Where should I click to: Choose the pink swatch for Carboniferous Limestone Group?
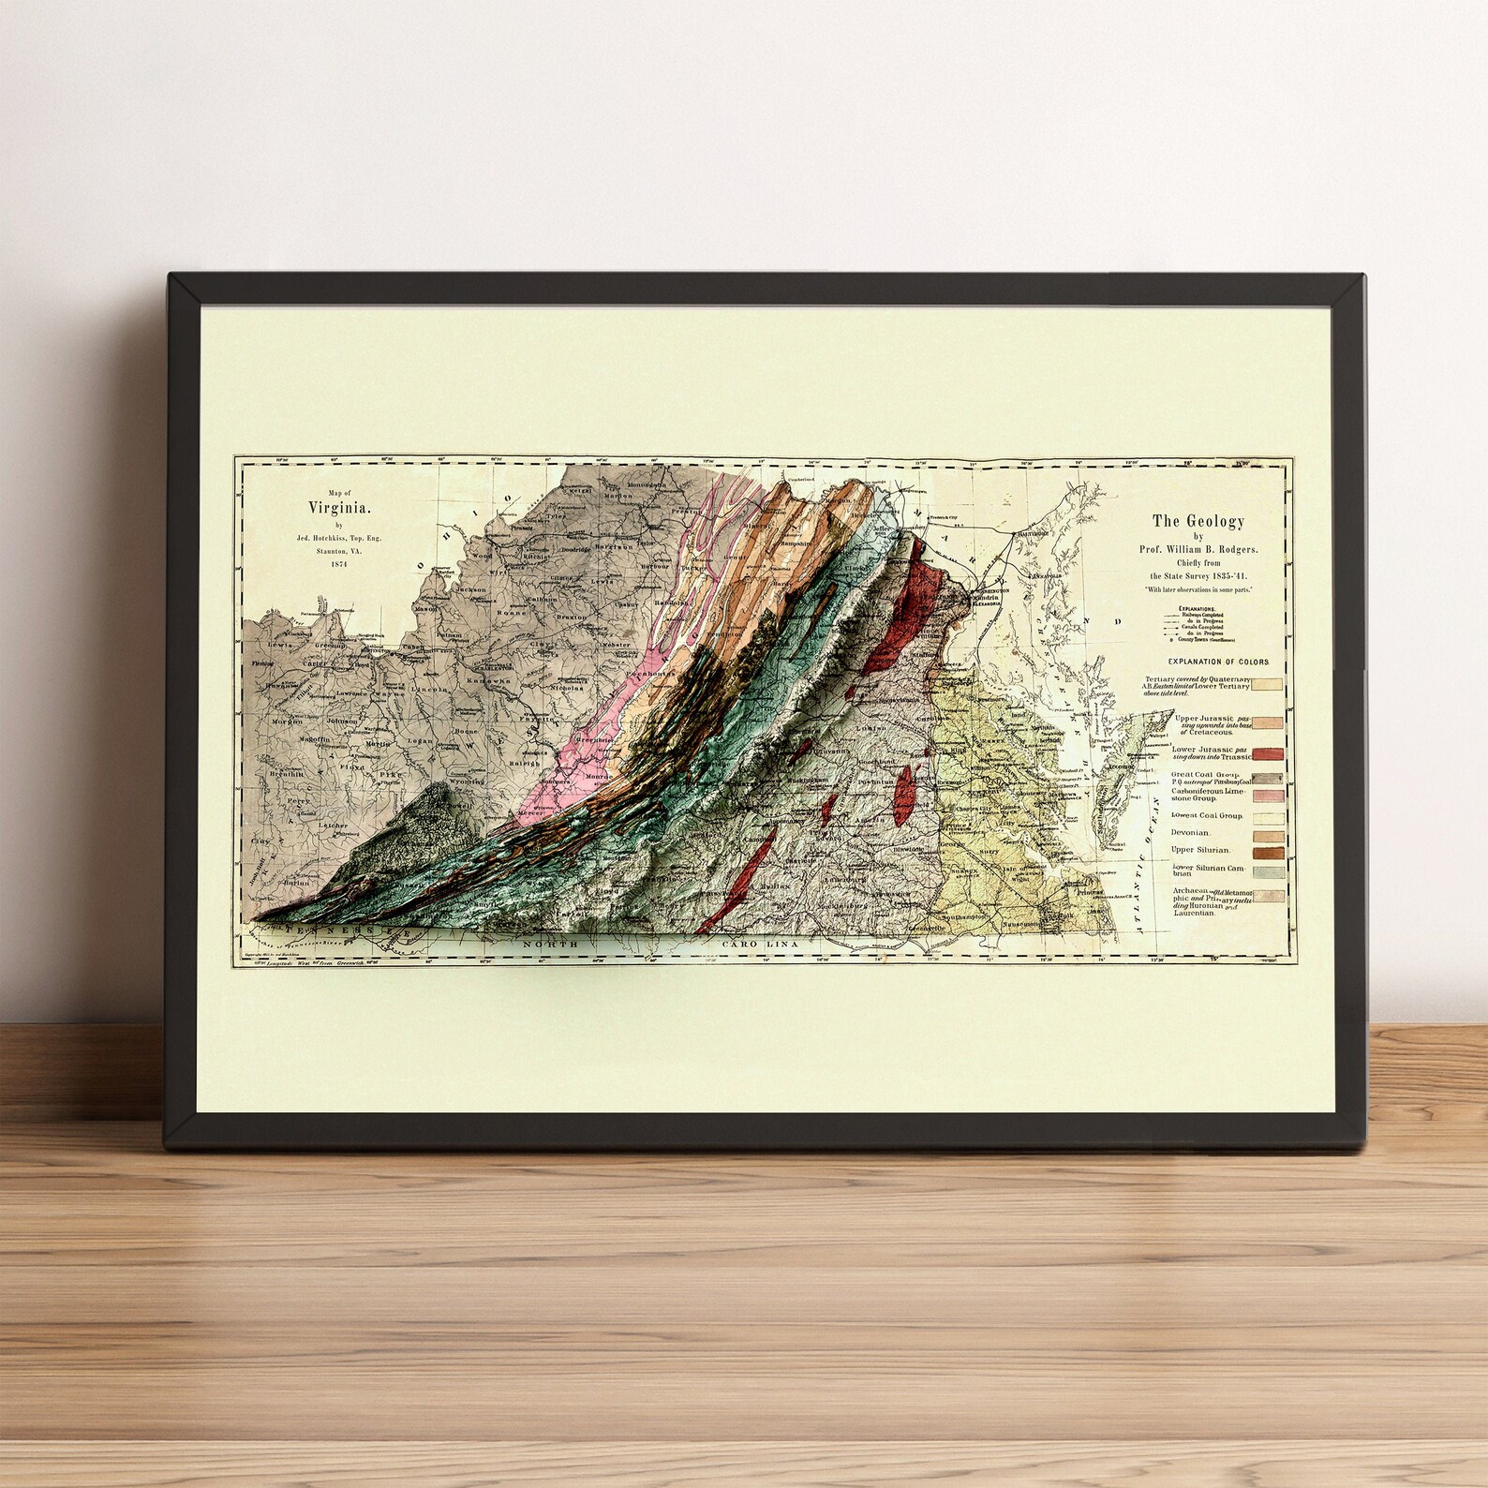point(1267,796)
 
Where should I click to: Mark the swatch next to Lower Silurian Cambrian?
point(1267,872)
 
